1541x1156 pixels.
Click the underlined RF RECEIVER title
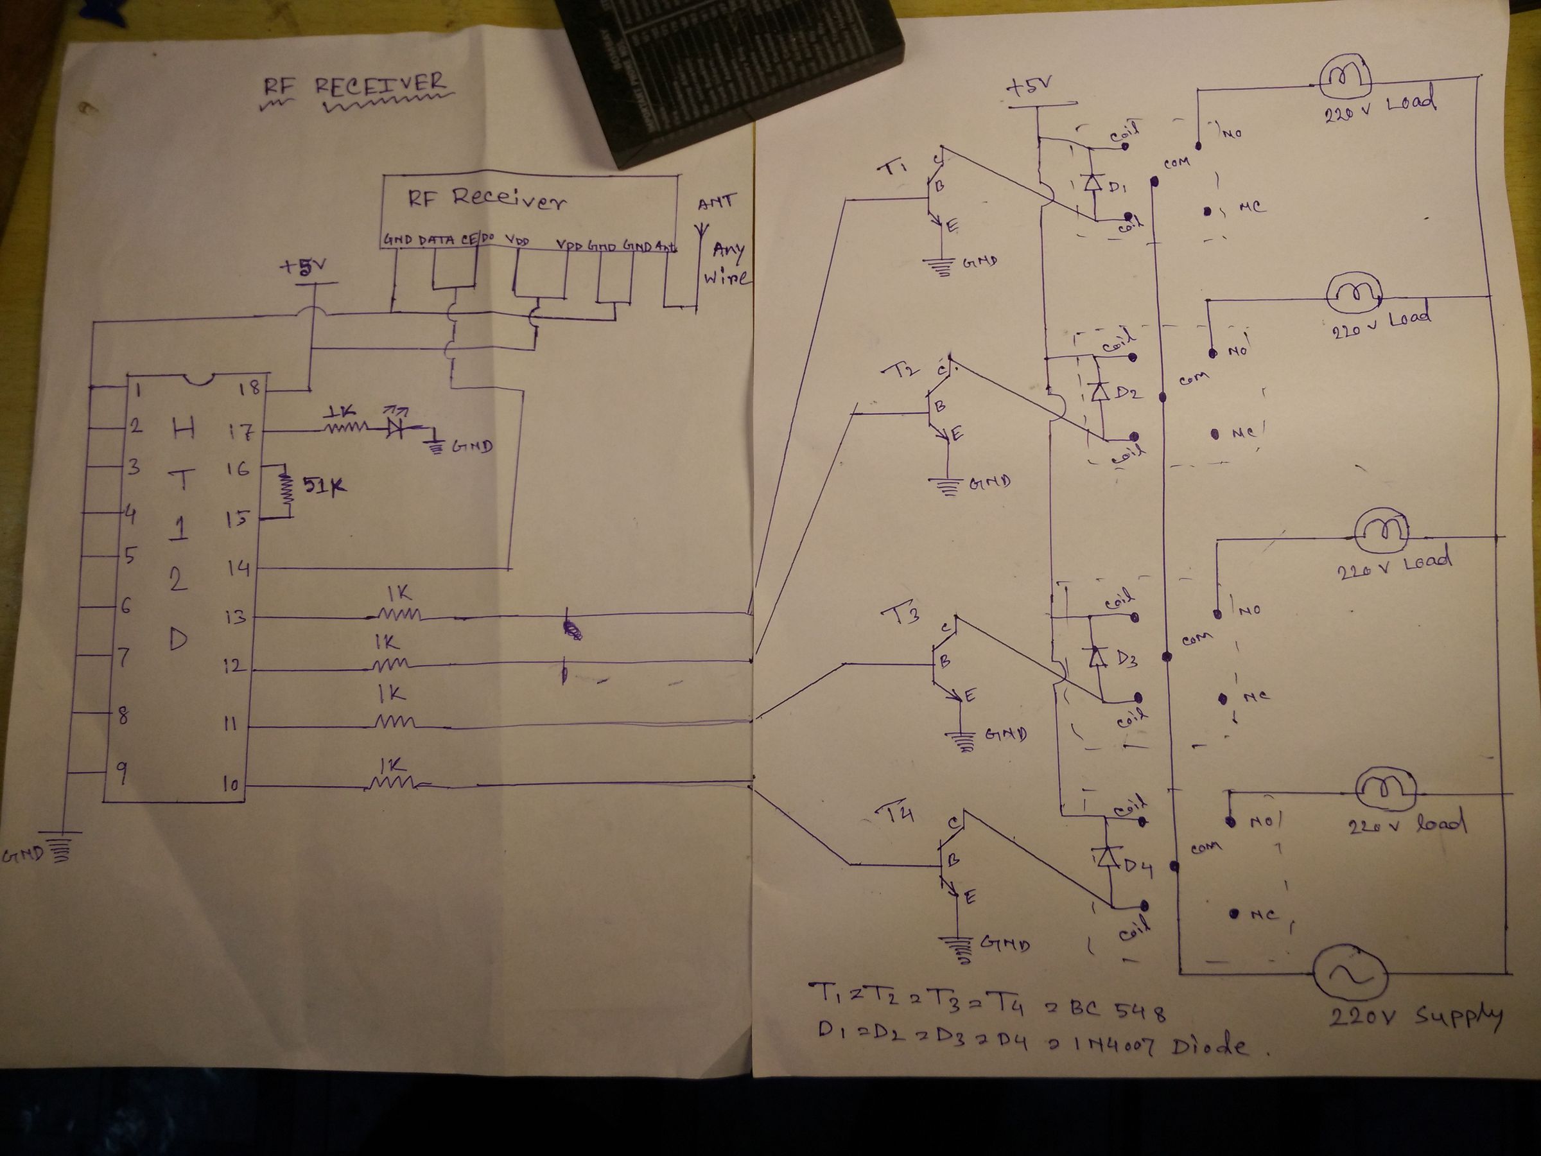click(353, 87)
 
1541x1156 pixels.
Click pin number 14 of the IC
click(238, 568)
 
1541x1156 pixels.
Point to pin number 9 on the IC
click(121, 772)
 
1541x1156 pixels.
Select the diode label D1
click(1118, 187)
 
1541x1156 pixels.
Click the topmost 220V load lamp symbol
click(1345, 88)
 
